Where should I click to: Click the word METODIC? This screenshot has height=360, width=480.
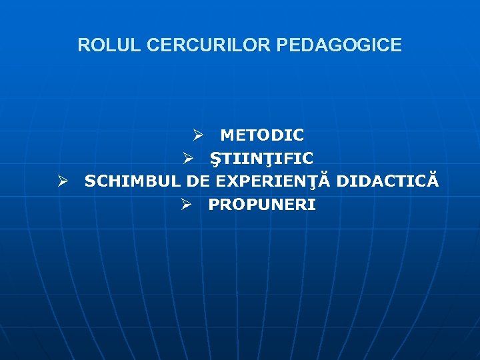pos(262,135)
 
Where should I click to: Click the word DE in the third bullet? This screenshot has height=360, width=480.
pos(199,181)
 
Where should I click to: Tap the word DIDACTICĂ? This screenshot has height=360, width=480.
pos(387,181)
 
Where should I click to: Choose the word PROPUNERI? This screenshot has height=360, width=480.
pos(262,205)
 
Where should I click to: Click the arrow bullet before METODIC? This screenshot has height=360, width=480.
pos(198,135)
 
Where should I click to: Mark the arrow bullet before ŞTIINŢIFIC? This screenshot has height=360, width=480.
pos(189,159)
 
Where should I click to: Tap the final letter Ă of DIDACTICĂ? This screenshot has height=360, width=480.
pos(433,181)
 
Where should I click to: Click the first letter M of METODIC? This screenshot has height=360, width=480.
pos(227,135)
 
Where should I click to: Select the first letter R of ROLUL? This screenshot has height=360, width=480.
pos(83,45)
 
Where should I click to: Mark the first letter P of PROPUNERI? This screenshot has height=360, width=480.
pos(213,205)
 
